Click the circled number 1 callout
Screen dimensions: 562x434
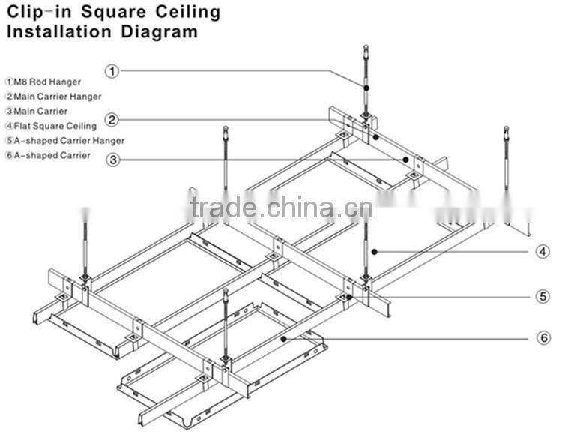click(x=112, y=71)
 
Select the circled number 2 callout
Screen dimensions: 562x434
click(x=112, y=120)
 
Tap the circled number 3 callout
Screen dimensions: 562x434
click(x=113, y=160)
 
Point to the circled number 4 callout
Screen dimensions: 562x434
click(x=543, y=251)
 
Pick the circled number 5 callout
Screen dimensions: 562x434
click(x=543, y=297)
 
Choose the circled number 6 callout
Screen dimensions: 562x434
click(x=544, y=338)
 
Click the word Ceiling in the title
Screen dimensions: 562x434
click(x=188, y=13)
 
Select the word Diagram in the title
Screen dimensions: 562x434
click(x=159, y=32)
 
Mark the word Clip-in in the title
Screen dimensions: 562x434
click(x=40, y=13)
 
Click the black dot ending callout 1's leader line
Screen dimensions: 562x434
click(x=366, y=88)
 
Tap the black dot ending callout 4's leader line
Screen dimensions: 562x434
click(x=374, y=252)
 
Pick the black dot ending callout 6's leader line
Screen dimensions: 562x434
click(x=283, y=338)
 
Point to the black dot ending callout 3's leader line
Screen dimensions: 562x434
click(x=405, y=160)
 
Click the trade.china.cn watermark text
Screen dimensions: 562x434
click(x=282, y=208)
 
